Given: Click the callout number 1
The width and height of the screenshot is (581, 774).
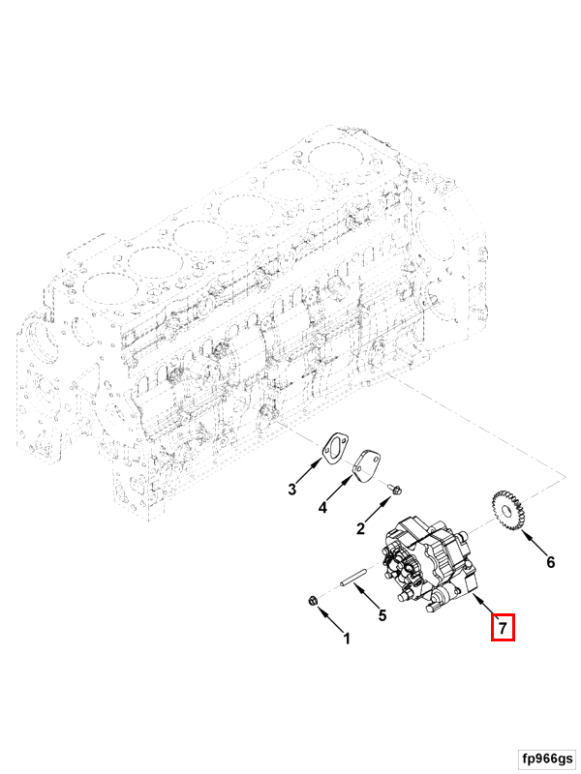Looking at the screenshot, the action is point(347,639).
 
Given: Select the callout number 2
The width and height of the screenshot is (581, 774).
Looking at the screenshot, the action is point(360,528).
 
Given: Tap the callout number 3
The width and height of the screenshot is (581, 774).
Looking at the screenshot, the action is point(292,490).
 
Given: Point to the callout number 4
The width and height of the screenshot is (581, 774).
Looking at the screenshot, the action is point(322,507).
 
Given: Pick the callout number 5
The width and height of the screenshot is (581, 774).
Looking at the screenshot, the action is point(382,615).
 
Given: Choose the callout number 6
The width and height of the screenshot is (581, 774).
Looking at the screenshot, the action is point(550,562).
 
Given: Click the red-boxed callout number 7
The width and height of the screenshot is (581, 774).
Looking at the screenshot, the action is point(503,628).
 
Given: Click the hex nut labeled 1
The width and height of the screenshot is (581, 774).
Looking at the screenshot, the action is point(312,601).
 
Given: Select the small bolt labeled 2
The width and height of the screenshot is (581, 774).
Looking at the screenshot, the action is point(396,491).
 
